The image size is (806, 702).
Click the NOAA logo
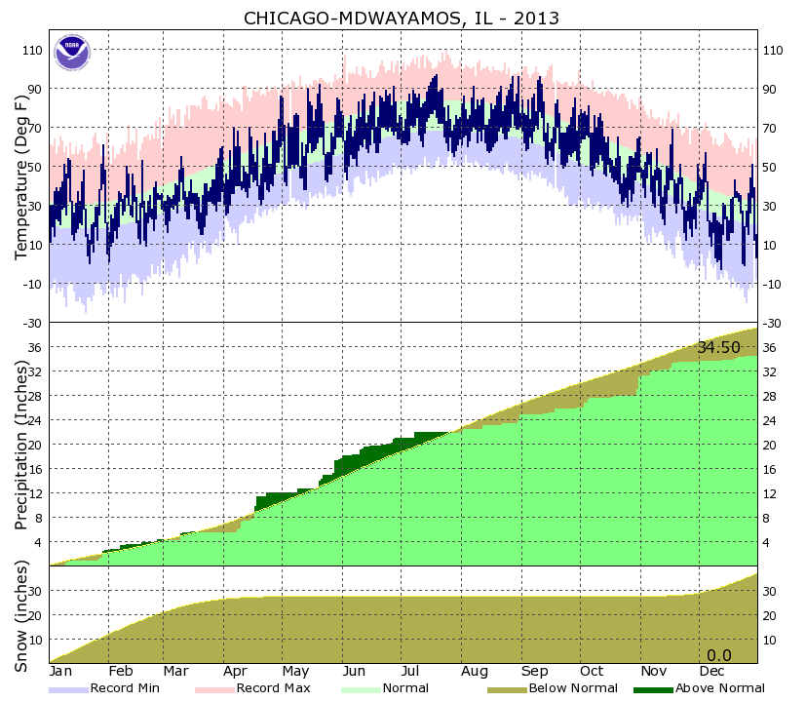coord(72,53)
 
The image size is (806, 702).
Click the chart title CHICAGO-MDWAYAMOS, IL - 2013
coord(402,19)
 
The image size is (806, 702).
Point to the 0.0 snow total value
coord(718,654)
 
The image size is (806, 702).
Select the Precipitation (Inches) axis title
coord(20,444)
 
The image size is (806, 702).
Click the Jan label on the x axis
coord(60,672)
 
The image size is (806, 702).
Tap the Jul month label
coord(411,672)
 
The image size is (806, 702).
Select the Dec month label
coord(711,672)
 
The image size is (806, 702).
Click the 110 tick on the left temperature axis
coord(31,50)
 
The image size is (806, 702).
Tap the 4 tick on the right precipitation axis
coord(770,542)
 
